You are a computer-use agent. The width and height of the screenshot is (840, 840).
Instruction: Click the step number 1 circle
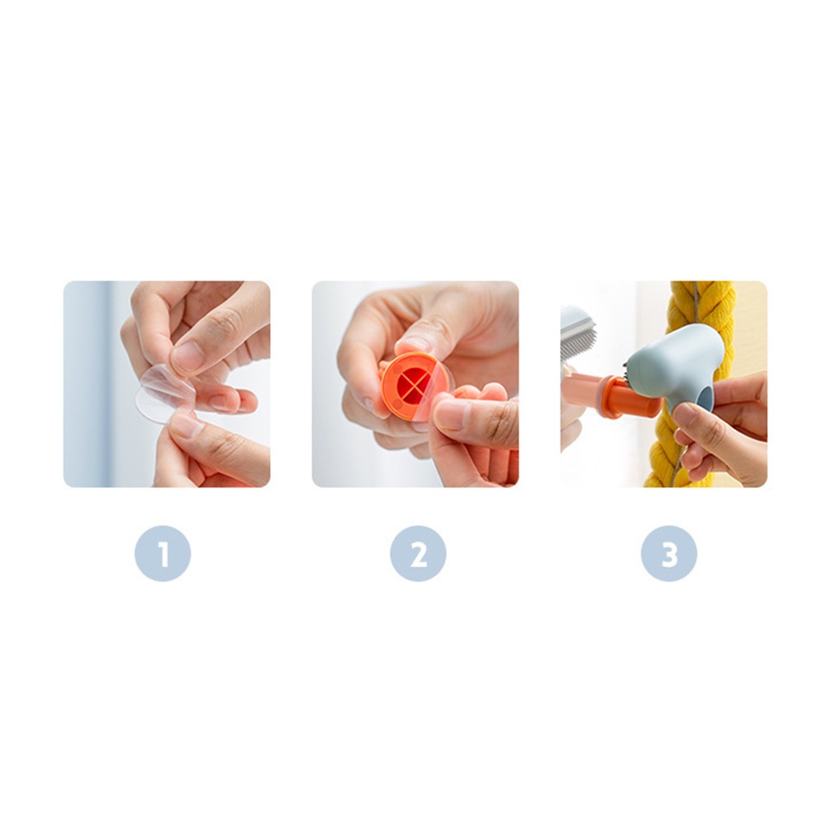(163, 553)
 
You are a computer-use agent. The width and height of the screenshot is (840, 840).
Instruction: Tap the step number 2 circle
(418, 553)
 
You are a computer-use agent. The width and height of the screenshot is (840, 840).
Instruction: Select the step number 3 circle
(669, 553)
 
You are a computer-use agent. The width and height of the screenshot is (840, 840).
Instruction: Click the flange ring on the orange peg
(609, 396)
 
